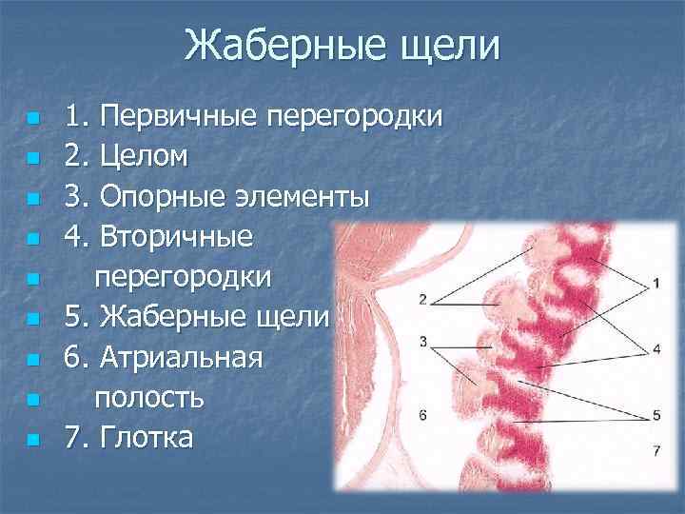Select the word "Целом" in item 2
(x=147, y=157)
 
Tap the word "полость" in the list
(x=148, y=396)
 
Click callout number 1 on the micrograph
(x=656, y=284)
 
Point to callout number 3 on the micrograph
(x=421, y=341)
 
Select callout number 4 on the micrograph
(x=656, y=349)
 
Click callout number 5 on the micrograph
(x=656, y=415)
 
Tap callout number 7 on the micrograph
(x=656, y=448)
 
